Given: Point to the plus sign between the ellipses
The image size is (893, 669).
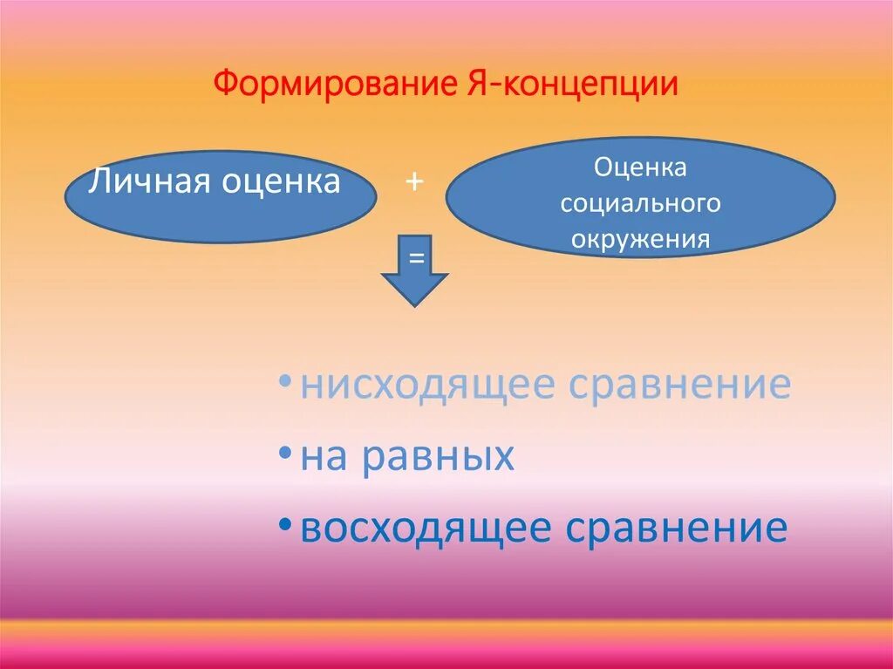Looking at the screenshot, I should click(413, 181).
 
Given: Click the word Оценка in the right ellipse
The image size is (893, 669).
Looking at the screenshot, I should click(640, 166).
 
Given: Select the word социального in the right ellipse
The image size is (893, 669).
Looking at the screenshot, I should click(640, 203).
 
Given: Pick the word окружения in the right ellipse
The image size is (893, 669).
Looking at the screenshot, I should click(640, 239).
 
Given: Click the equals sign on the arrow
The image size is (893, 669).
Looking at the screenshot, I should click(416, 257).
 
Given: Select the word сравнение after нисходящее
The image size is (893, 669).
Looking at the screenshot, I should click(679, 385).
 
